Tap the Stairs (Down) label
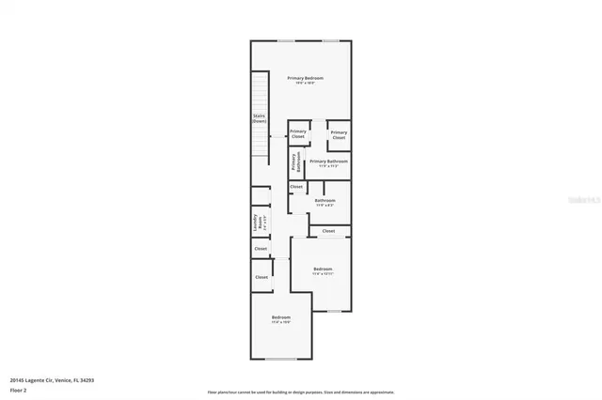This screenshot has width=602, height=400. (259, 119)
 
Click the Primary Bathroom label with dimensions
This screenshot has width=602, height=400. (329, 162)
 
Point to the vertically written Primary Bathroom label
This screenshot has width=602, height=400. (295, 162)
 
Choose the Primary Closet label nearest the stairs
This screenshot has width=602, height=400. (298, 134)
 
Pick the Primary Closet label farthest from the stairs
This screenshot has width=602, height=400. (340, 134)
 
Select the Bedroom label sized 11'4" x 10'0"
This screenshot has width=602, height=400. (281, 319)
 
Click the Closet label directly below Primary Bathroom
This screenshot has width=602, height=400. (296, 187)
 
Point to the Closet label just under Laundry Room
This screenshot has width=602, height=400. (261, 249)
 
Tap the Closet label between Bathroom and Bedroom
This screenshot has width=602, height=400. (328, 231)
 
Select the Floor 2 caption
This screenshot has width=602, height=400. (19, 390)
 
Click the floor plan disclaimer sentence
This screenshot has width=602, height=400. (301, 392)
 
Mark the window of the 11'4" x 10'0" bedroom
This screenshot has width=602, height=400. (281, 359)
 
